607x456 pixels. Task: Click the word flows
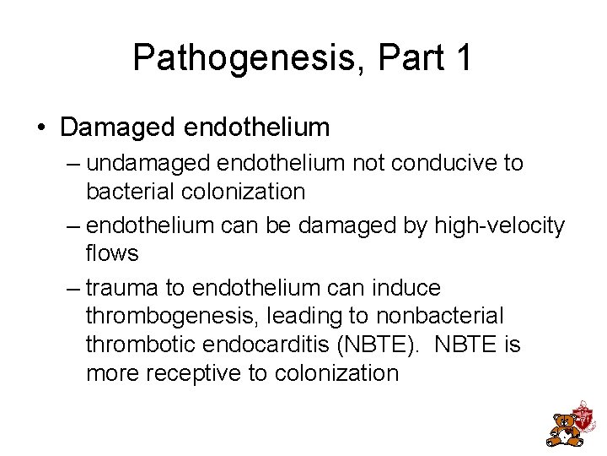coord(112,253)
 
